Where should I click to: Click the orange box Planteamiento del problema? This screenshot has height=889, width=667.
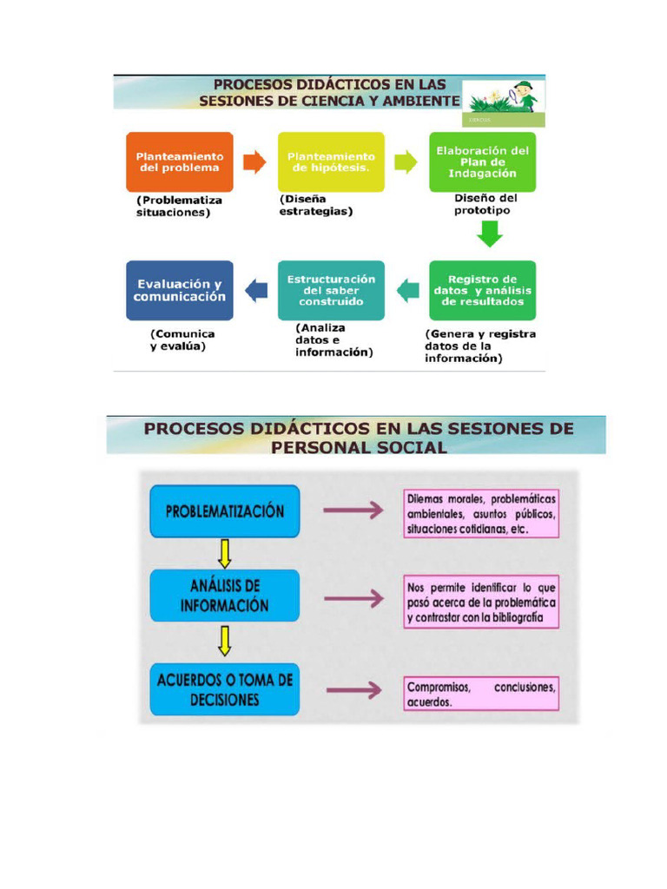(x=179, y=162)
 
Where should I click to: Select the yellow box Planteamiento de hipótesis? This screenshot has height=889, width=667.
(x=331, y=162)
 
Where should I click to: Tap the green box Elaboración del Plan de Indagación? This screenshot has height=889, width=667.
(x=482, y=162)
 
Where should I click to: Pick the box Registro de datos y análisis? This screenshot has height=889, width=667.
(x=482, y=290)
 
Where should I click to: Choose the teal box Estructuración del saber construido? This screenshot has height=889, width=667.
(x=331, y=290)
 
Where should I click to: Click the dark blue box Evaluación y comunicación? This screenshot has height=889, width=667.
(x=179, y=290)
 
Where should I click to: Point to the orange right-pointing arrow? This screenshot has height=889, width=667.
(x=254, y=162)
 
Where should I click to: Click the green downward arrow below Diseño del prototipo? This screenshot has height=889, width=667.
(x=490, y=234)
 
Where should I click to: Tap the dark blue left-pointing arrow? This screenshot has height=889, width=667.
(x=256, y=291)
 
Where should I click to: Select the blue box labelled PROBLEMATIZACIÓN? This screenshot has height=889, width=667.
(x=225, y=511)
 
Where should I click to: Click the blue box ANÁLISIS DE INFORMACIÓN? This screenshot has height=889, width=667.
(x=225, y=596)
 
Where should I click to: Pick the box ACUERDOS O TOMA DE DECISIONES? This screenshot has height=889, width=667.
(x=225, y=689)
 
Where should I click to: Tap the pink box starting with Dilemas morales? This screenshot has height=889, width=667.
(x=481, y=514)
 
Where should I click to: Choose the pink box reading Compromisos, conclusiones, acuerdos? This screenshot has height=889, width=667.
(x=481, y=694)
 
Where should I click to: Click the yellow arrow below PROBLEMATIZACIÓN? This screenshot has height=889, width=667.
(x=225, y=554)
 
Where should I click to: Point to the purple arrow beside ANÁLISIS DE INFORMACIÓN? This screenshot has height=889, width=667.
(x=354, y=599)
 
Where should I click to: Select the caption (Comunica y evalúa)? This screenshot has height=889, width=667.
(x=182, y=340)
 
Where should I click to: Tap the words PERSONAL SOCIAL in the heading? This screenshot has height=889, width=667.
(x=359, y=447)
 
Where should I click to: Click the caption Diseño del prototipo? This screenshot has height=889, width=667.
(x=485, y=204)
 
